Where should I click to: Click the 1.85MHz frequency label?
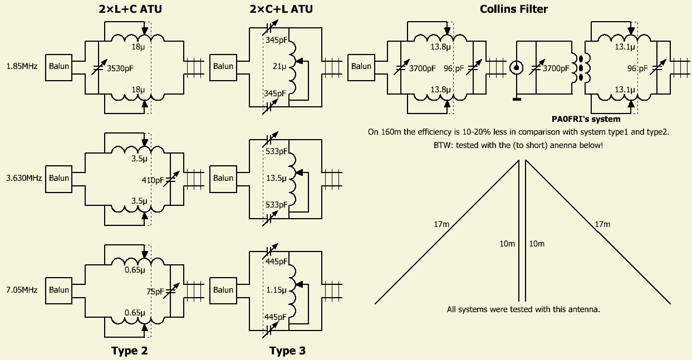(x=22, y=66)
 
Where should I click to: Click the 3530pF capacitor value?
(x=120, y=68)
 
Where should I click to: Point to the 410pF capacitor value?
(x=153, y=180)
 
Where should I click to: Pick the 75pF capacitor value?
(x=156, y=291)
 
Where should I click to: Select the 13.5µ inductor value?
(x=277, y=179)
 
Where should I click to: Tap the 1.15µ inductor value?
(x=277, y=290)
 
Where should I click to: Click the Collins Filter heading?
(x=513, y=9)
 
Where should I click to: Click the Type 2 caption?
(x=129, y=351)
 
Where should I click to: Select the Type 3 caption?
(x=287, y=351)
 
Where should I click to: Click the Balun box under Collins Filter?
(x=361, y=66)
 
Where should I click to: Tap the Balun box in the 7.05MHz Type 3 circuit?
(x=223, y=289)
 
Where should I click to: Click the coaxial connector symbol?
(x=517, y=68)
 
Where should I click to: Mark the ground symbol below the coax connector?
(x=517, y=99)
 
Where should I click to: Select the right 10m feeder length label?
(x=537, y=244)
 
